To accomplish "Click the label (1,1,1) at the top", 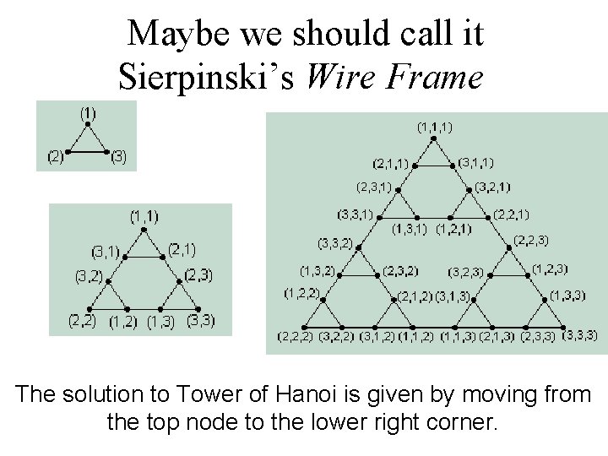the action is click(x=435, y=128).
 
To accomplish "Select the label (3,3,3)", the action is click(x=580, y=335).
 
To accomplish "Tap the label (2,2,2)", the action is click(x=296, y=336).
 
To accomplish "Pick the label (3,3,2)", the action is click(x=334, y=243).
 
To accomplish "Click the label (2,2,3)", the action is click(x=531, y=241).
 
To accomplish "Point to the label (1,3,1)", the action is click(x=410, y=228).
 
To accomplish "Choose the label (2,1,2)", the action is click(x=415, y=296).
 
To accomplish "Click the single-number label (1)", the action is click(x=88, y=111).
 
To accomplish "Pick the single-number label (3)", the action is click(x=119, y=156).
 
